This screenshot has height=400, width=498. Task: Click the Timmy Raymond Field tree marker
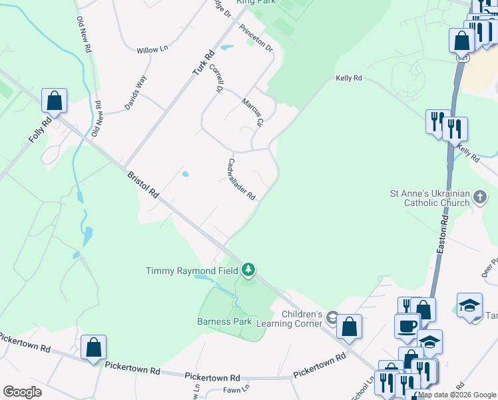pos(248,270)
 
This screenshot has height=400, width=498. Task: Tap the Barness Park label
pos(224,321)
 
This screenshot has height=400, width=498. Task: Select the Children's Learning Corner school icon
pos(332,320)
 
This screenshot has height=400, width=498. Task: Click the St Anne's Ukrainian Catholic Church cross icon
pos(480,197)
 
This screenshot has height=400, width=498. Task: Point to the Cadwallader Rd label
pos(242,179)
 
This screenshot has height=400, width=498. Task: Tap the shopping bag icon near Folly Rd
pos(55,101)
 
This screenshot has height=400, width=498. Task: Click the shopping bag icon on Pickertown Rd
pos(93,347)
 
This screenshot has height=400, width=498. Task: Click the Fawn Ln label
pos(236,388)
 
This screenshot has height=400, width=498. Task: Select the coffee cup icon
pos(407,326)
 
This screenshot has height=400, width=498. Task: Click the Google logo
pos(22,392)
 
